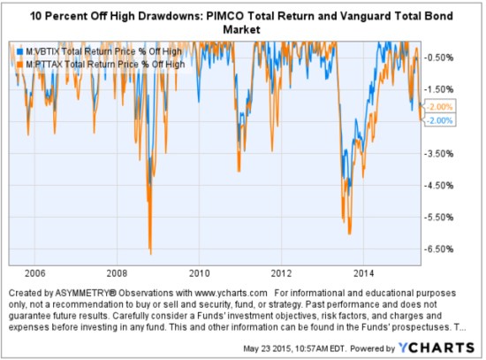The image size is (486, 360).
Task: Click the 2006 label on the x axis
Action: [34, 272]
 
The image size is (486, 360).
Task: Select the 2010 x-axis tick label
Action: [199, 272]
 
